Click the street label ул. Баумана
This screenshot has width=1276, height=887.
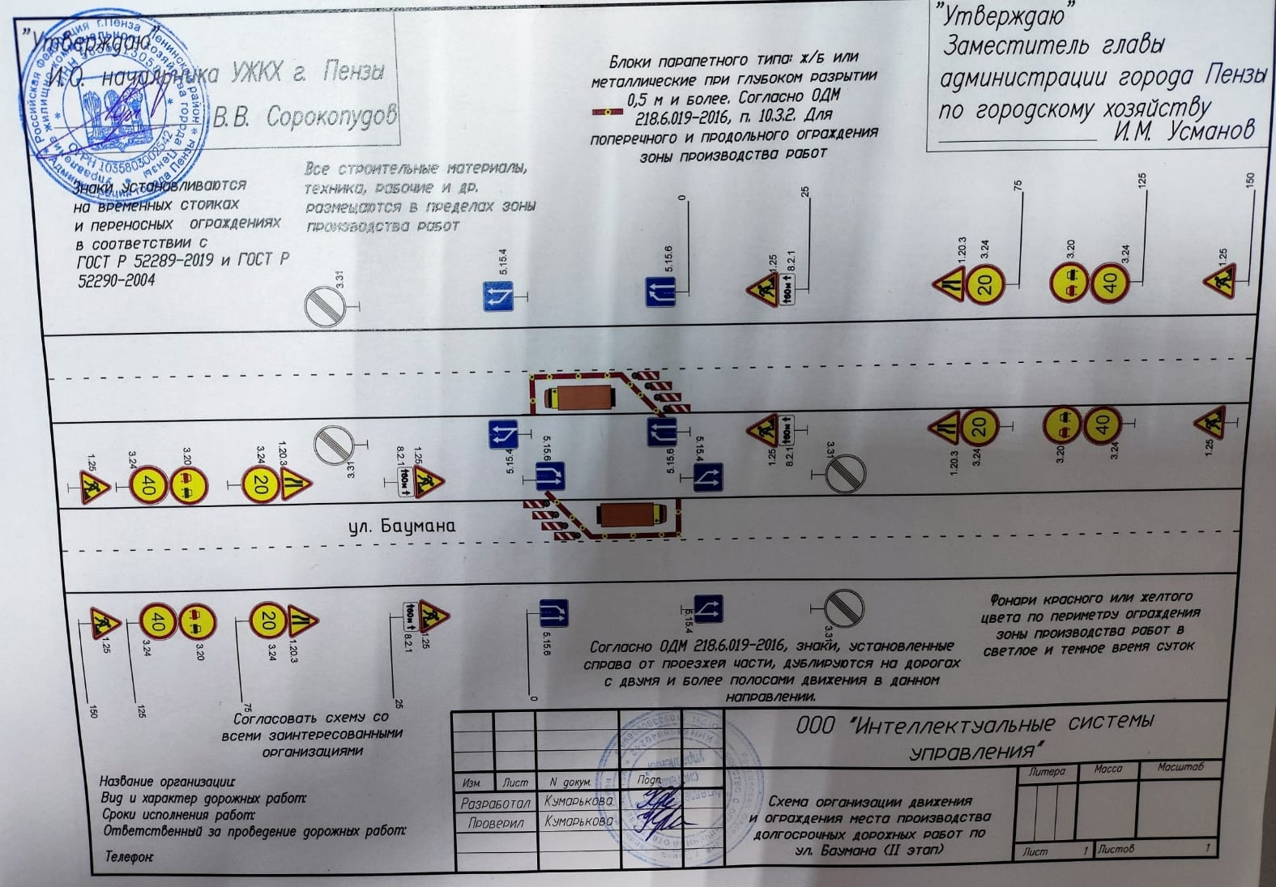click(402, 526)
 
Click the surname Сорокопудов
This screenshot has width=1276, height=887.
click(331, 117)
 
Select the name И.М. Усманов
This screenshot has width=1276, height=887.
click(1184, 130)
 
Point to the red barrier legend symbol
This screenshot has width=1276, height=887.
click(608, 113)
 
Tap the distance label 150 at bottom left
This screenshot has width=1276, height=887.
click(94, 710)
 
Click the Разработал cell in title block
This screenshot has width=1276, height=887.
click(495, 804)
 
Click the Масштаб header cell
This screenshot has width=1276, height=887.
click(1180, 767)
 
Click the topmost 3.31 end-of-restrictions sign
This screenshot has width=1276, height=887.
click(326, 308)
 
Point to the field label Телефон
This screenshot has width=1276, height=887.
click(129, 856)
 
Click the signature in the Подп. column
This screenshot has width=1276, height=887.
click(653, 810)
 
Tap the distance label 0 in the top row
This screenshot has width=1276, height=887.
click(682, 198)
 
